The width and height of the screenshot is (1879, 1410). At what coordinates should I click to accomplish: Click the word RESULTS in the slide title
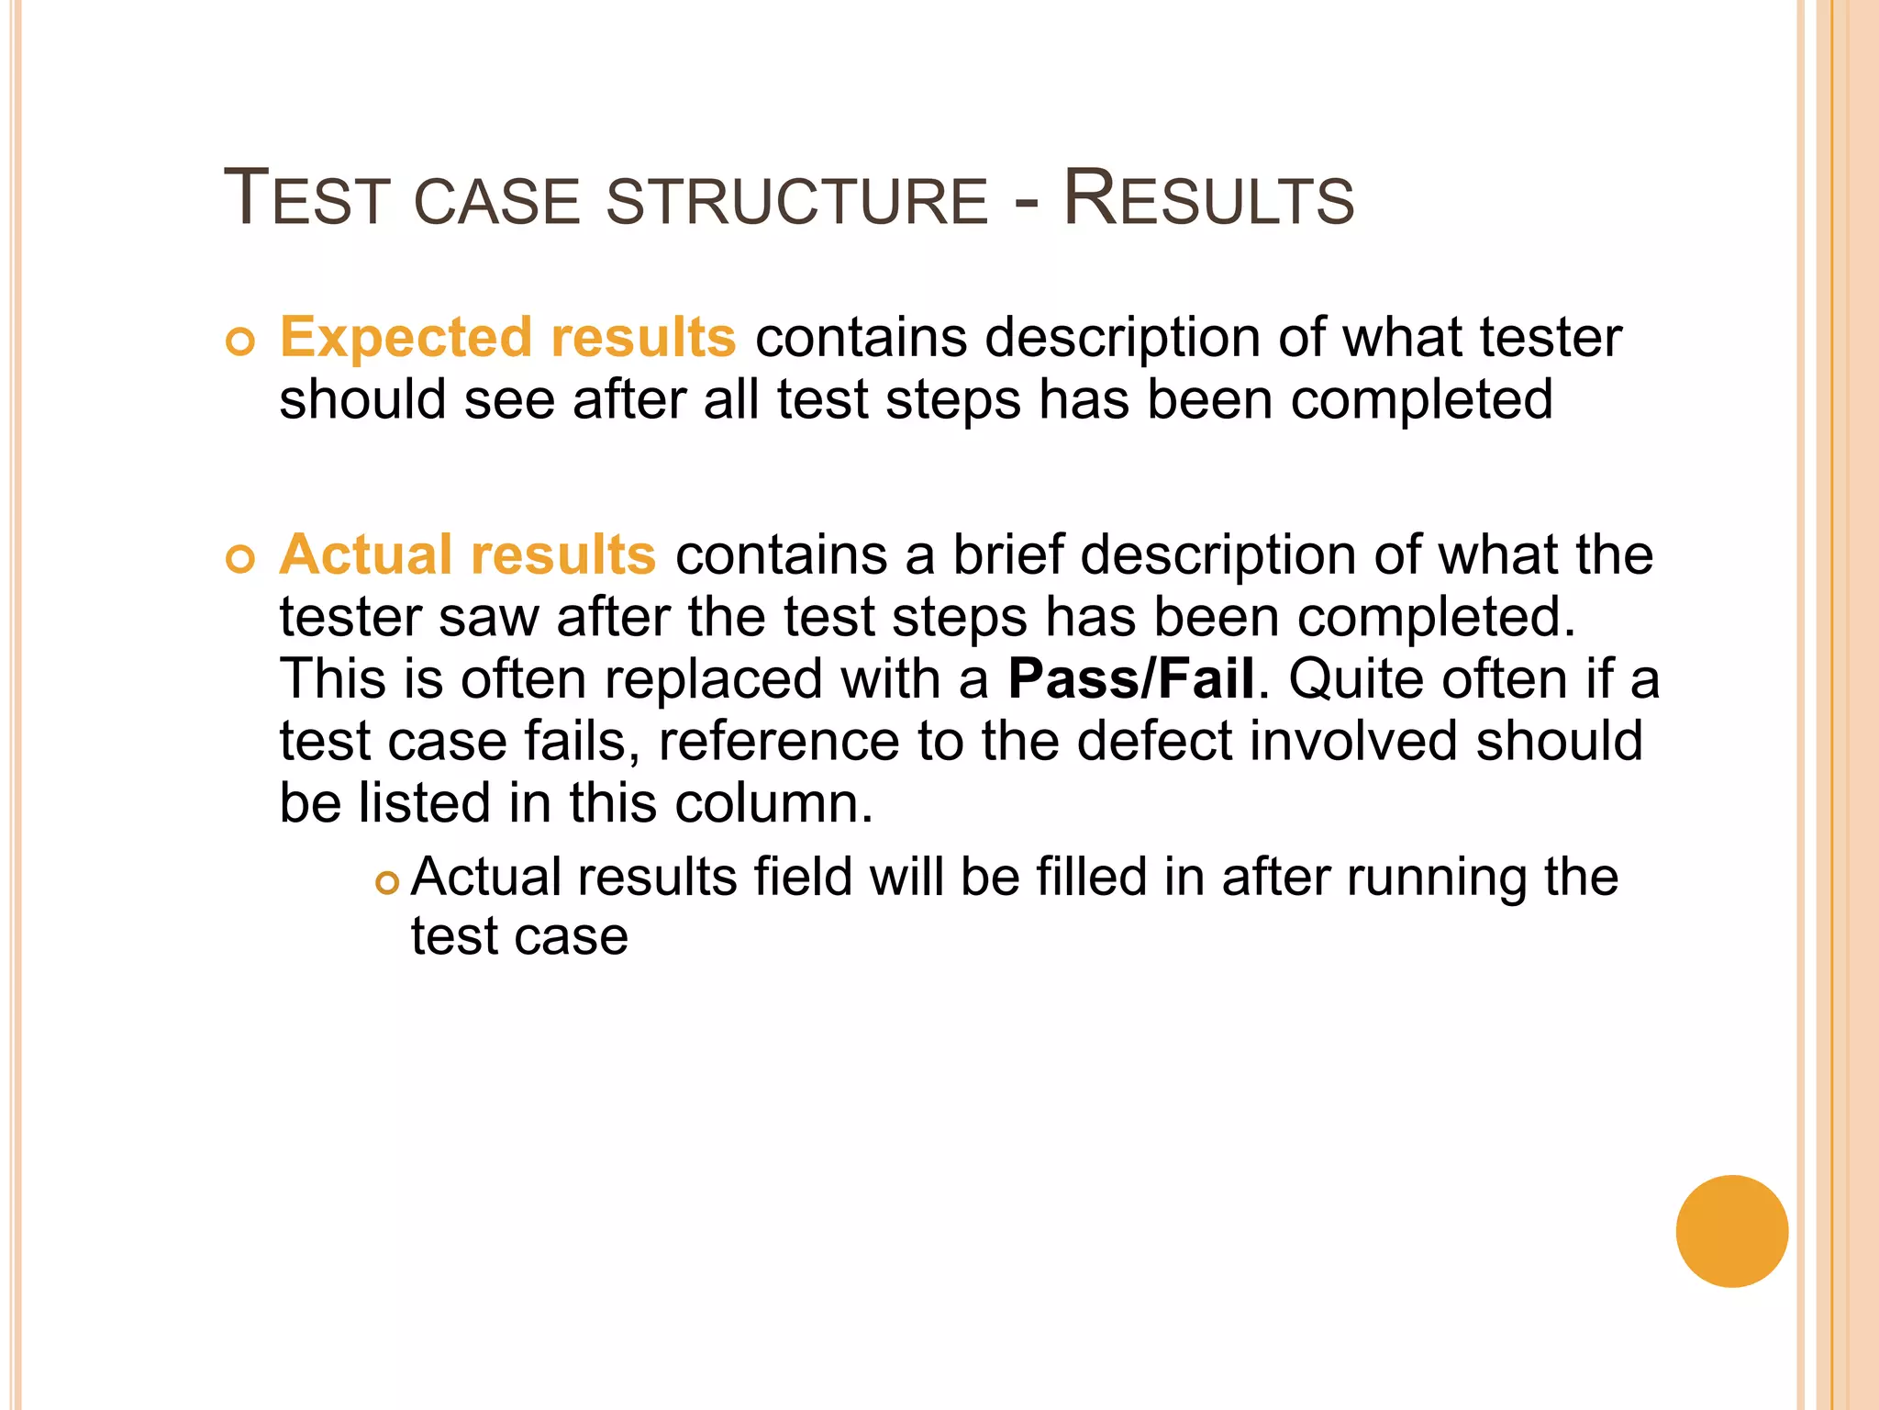tap(1208, 199)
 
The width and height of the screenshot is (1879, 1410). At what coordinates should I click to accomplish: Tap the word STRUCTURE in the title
tap(796, 202)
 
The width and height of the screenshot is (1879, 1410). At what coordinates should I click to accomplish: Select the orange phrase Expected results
tap(507, 337)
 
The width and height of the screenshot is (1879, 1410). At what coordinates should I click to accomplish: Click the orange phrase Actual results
tap(468, 554)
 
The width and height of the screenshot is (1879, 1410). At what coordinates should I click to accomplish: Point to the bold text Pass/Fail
tap(1130, 678)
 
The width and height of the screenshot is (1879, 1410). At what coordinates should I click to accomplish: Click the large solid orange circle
tap(1731, 1231)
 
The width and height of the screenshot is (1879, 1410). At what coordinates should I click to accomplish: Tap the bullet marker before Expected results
tap(239, 342)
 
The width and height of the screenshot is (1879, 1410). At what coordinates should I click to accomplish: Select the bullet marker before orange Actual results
tap(239, 559)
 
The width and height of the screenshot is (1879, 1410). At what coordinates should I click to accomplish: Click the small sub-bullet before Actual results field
tap(388, 883)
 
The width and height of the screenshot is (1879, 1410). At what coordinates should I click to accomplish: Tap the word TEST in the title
tap(307, 199)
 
